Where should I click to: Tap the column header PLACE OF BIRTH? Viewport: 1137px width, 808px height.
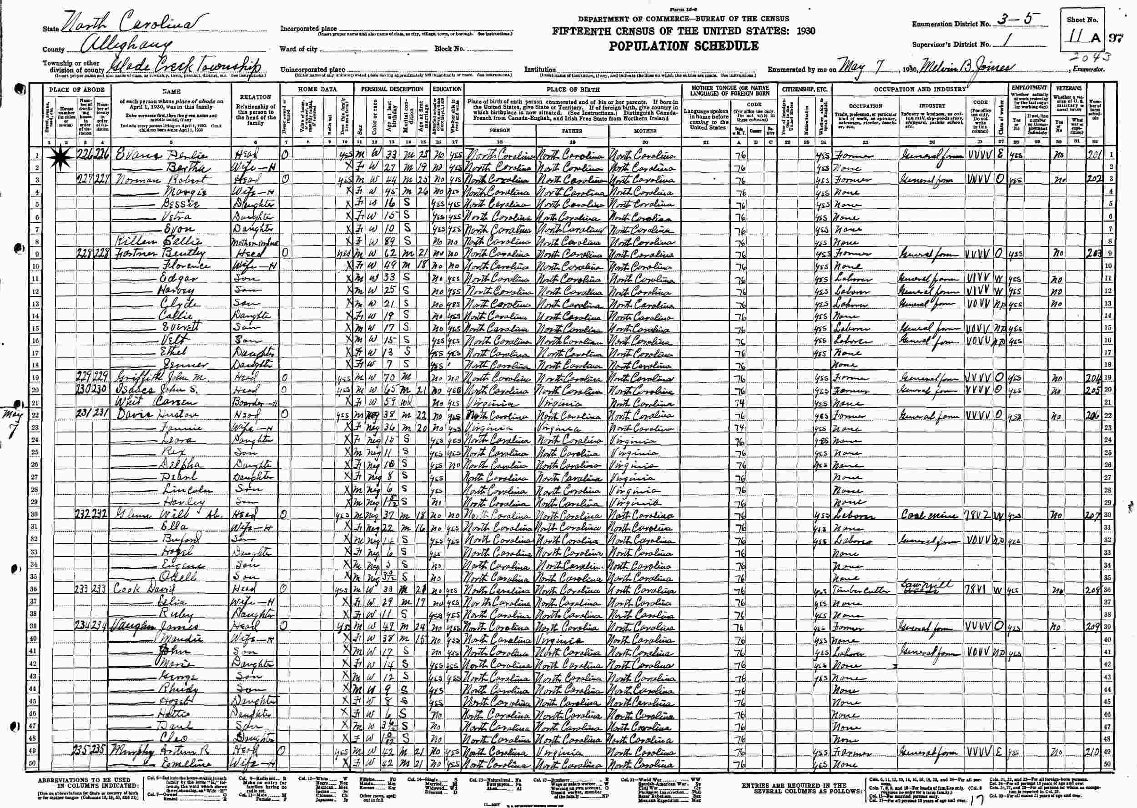coord(573,90)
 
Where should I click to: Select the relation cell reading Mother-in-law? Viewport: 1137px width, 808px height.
coord(255,242)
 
